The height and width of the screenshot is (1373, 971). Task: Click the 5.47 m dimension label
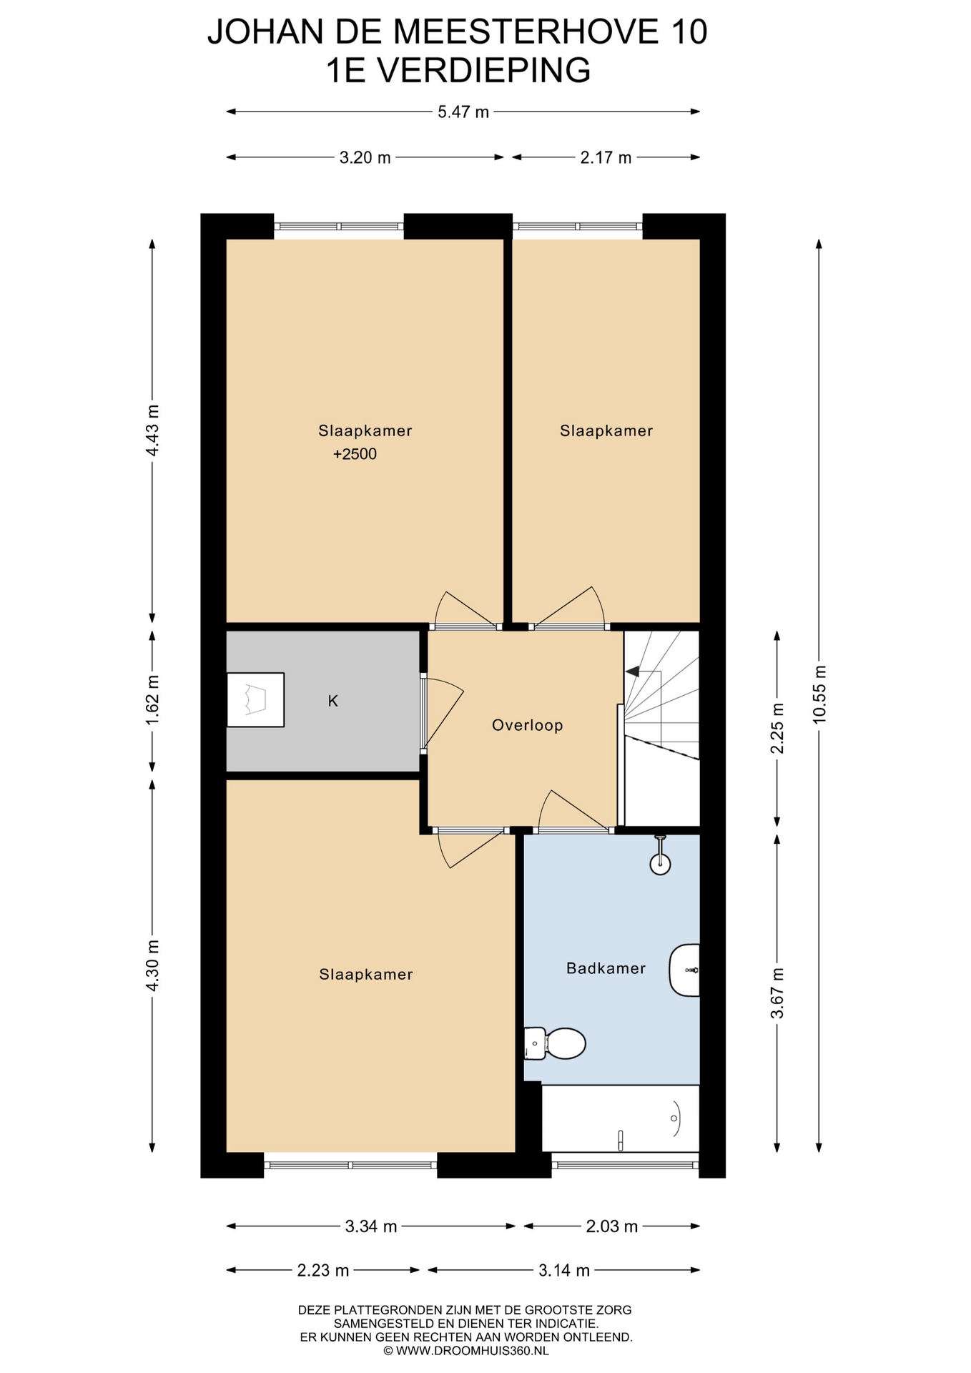(463, 112)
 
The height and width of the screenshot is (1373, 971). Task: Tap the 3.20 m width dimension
(365, 157)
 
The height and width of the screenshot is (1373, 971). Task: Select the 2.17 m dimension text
(606, 157)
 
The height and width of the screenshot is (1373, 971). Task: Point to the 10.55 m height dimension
(819, 694)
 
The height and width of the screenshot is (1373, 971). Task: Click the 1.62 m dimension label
(152, 699)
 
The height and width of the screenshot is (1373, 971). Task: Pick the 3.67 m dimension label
(777, 993)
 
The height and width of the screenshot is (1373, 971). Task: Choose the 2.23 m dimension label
(323, 1270)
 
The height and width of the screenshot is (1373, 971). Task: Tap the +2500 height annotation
(355, 453)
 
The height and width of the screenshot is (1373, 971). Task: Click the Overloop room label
(528, 725)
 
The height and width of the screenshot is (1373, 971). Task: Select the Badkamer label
(606, 968)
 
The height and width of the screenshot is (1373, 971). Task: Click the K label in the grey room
(332, 701)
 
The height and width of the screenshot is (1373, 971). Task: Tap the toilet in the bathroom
(555, 1043)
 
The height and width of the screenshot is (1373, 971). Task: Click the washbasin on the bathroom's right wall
(684, 970)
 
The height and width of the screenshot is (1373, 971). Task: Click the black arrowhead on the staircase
(633, 671)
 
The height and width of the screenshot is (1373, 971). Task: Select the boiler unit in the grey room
(255, 700)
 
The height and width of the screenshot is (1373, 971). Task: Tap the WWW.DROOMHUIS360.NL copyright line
(466, 1351)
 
